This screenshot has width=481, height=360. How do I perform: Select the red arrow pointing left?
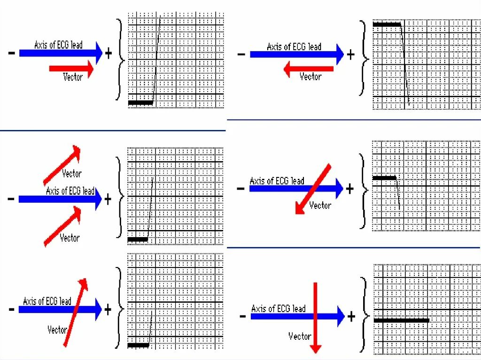(308, 69)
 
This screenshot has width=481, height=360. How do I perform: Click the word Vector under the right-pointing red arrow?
(73, 77)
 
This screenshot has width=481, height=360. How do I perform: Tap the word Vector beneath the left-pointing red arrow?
(310, 77)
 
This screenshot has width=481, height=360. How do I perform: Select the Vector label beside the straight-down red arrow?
(300, 336)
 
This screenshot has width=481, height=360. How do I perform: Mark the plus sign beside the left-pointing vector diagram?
(351, 55)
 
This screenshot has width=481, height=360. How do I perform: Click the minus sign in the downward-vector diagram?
(243, 317)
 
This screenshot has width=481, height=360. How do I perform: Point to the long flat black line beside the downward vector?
(401, 321)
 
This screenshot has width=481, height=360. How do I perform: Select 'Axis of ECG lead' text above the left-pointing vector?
(294, 46)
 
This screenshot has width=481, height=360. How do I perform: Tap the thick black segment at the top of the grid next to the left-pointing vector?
(387, 24)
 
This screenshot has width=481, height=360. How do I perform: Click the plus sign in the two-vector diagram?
(108, 199)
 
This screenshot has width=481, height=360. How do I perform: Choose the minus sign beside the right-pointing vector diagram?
(11, 54)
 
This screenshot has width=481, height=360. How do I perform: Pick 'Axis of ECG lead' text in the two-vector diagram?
(70, 191)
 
